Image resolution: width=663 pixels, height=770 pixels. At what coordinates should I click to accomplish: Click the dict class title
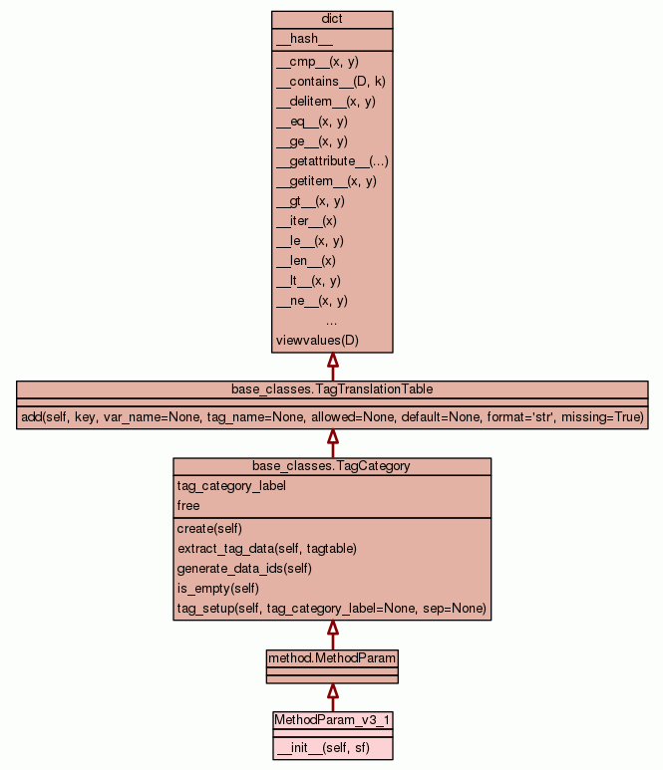tap(332, 19)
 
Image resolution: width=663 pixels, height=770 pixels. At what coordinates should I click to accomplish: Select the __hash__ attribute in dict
tap(297, 39)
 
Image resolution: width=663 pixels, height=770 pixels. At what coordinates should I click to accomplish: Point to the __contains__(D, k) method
tap(330, 82)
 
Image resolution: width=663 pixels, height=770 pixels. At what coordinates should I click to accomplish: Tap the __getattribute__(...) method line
tap(332, 161)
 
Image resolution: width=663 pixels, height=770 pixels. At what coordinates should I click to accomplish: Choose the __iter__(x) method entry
tap(306, 221)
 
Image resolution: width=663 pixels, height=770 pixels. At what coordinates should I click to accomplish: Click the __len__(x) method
tap(305, 261)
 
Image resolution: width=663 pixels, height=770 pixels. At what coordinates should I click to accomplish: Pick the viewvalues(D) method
tap(317, 341)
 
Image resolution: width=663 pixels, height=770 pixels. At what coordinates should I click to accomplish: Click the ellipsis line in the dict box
tap(332, 321)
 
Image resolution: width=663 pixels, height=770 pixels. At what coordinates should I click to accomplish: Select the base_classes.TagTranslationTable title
tap(332, 388)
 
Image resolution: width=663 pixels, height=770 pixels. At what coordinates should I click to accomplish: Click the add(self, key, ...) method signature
tap(332, 416)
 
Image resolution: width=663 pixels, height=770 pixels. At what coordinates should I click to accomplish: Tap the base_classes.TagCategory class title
tap(332, 465)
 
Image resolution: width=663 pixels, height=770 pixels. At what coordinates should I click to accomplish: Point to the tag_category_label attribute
tap(231, 486)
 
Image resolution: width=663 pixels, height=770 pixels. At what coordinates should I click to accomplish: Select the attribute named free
tap(188, 506)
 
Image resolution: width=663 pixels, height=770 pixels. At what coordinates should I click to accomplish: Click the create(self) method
tap(209, 528)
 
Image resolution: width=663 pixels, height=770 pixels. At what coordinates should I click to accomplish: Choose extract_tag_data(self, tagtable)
tap(266, 548)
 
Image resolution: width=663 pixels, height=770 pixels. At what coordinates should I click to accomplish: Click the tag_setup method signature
tap(331, 608)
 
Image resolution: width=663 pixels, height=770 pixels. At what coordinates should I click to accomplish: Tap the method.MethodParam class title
tap(332, 658)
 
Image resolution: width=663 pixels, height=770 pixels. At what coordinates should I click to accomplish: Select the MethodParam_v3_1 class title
tap(332, 718)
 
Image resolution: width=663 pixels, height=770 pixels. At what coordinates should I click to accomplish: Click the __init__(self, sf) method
tap(323, 747)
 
